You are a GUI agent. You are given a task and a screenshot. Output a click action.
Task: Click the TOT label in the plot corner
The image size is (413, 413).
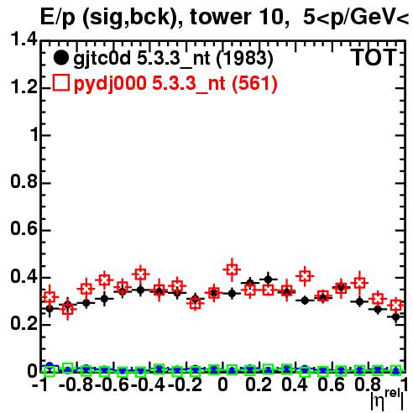point(374,58)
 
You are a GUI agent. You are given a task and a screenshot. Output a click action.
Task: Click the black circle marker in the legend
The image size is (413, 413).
point(60,58)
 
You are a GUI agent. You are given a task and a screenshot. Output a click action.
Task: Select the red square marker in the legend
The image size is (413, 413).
point(60,83)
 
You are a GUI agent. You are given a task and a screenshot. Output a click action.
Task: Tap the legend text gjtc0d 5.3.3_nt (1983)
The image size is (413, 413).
point(173,59)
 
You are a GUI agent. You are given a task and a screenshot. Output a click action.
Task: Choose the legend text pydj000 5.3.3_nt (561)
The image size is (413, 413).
point(175,84)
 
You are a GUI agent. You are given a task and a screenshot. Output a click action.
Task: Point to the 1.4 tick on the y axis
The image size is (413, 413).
point(24,39)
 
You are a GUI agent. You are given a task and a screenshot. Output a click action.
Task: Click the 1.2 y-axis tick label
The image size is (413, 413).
point(24,87)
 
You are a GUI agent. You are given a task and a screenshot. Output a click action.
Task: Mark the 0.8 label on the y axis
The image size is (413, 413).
point(24,181)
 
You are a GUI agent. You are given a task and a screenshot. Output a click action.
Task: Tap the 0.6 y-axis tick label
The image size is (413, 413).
point(24,229)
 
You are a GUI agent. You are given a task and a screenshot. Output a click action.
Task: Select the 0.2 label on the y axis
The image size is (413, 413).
point(24,324)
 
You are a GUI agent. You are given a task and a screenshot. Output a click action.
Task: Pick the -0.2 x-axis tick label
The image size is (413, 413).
point(186,385)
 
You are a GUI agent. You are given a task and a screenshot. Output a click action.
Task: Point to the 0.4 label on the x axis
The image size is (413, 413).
point(295,385)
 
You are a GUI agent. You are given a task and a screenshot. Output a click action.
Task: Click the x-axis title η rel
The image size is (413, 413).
point(387,400)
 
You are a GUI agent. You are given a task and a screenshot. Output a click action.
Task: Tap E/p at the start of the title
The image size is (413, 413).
point(58,18)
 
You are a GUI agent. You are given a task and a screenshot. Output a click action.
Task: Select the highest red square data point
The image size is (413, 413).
point(232,269)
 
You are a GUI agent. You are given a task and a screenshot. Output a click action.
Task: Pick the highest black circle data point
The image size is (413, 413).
point(268,280)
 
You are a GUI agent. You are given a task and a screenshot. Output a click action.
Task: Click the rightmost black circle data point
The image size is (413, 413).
point(395,317)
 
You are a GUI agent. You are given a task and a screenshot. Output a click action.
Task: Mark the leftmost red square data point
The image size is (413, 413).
point(50,296)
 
